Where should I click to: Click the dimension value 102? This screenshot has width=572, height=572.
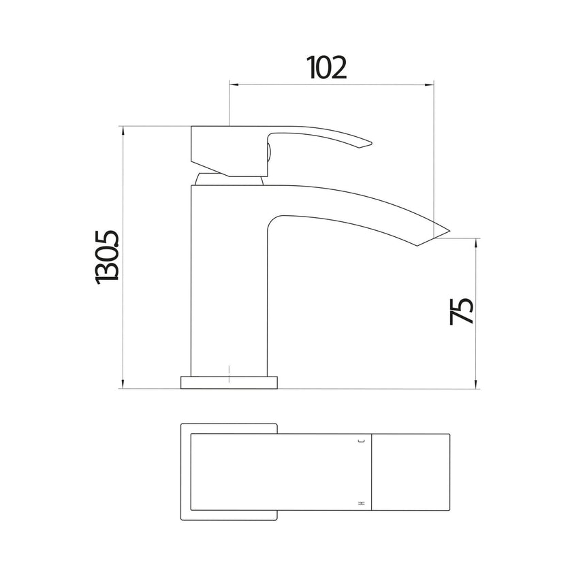(x=327, y=67)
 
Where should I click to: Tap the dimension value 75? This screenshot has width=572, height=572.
(x=462, y=311)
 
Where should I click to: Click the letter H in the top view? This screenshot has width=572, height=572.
(x=362, y=503)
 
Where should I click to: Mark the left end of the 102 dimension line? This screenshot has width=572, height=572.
(x=229, y=85)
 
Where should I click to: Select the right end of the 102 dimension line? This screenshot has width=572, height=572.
(x=434, y=85)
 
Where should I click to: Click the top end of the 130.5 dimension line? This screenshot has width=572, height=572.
(x=123, y=126)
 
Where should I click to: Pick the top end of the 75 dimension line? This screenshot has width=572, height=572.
(x=476, y=239)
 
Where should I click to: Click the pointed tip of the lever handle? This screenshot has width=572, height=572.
(x=370, y=143)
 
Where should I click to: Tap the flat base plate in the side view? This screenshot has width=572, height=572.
(x=229, y=382)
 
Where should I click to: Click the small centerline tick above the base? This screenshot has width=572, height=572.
(x=229, y=372)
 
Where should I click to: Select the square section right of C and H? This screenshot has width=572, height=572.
(x=411, y=473)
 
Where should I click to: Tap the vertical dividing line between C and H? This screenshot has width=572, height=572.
(x=372, y=473)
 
